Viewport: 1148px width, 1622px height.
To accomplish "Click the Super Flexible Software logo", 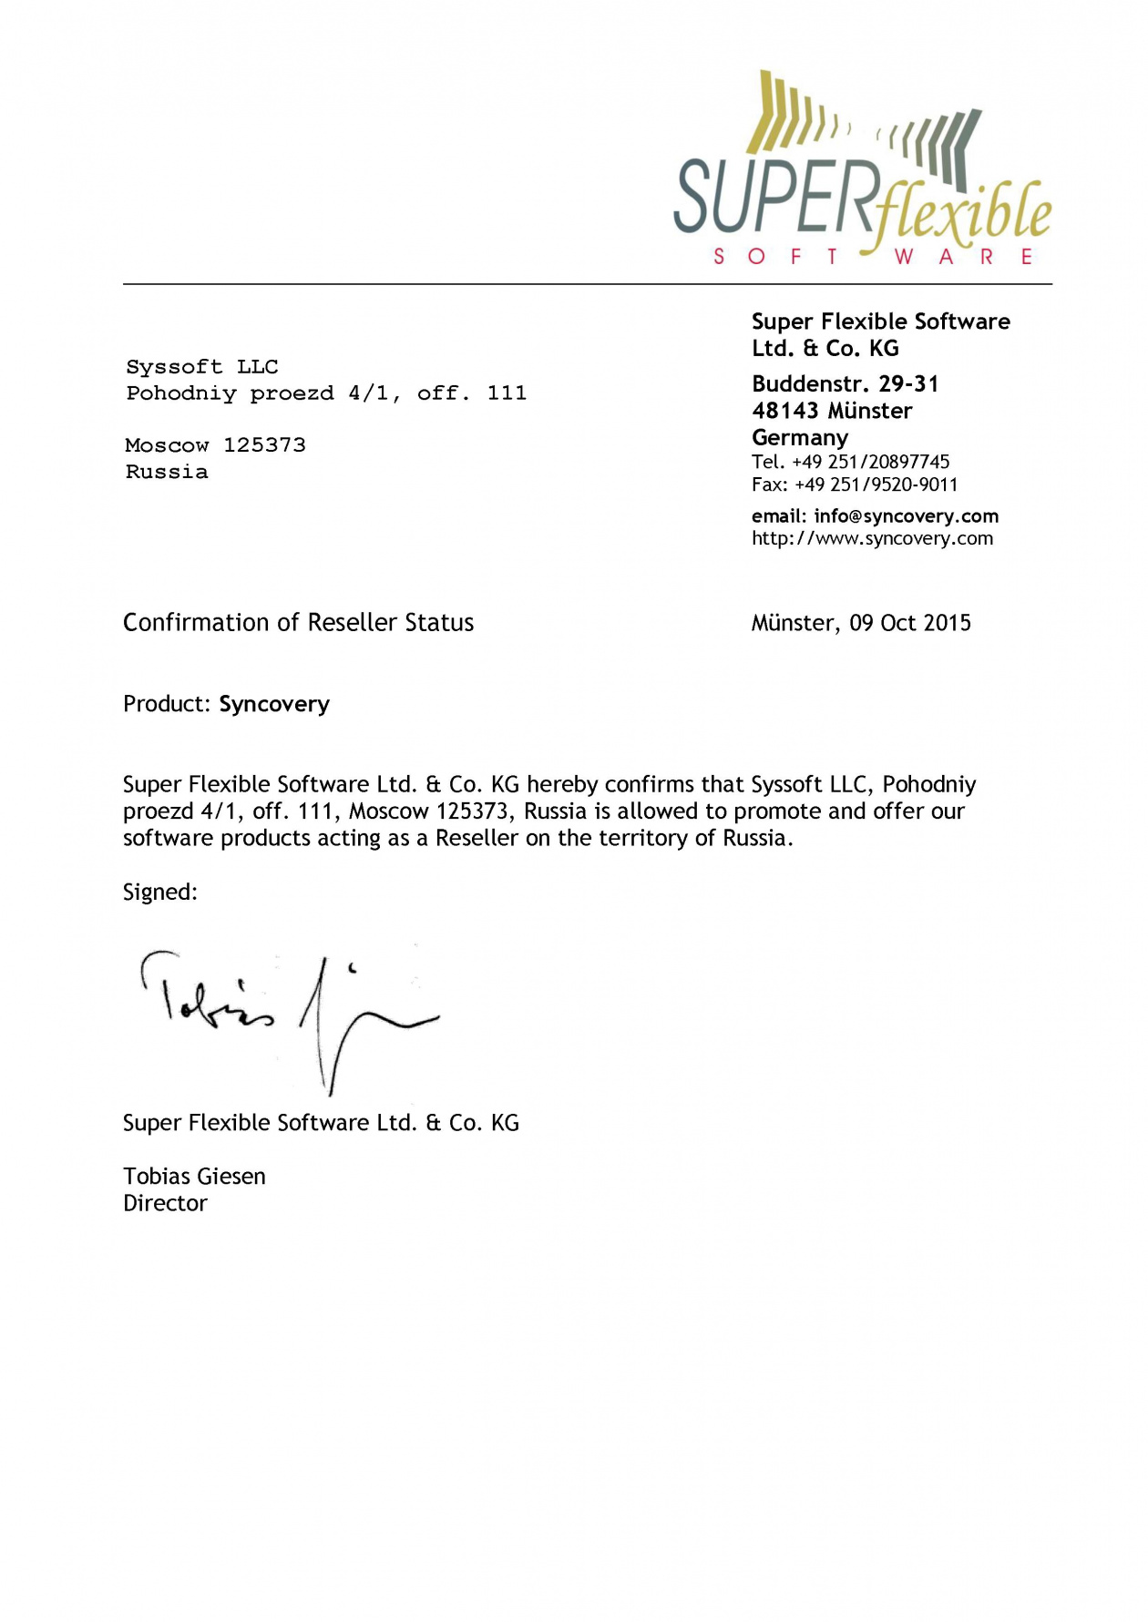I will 862,169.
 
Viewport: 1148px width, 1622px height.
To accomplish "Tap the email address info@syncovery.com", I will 906,516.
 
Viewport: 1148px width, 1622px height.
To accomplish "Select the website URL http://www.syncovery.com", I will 872,538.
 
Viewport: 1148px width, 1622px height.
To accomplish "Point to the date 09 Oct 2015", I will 910,623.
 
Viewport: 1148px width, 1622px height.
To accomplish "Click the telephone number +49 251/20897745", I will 870,462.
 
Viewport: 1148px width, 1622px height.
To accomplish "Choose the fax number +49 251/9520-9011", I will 876,485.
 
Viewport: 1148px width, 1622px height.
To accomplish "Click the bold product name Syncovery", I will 274,704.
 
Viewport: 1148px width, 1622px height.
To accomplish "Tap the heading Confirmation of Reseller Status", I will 298,623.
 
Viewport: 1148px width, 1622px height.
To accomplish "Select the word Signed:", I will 160,893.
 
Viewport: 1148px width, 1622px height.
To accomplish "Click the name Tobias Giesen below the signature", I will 194,1177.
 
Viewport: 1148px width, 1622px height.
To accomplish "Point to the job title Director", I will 165,1203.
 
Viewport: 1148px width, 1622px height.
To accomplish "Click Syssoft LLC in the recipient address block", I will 202,367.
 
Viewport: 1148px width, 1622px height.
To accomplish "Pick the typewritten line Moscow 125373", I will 215,445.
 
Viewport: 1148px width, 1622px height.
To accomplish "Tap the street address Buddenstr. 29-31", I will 845,383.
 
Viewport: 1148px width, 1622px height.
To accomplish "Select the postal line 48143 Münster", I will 831,411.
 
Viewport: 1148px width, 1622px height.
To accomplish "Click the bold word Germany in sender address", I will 799,437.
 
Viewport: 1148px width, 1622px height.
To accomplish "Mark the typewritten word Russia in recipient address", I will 167,472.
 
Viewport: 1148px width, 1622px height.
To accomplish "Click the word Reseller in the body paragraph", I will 477,838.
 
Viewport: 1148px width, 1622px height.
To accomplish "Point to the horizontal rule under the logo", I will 588,284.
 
